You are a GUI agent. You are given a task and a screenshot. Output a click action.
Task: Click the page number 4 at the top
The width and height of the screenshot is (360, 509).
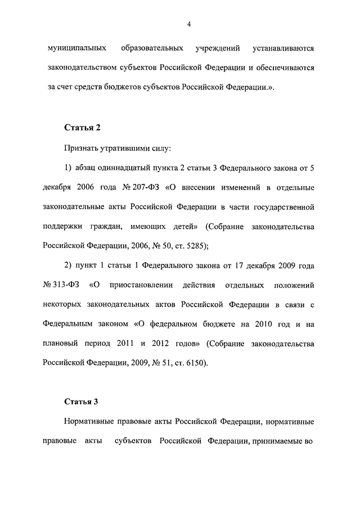coord(190,24)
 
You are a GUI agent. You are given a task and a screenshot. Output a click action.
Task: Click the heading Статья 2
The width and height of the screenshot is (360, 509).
coord(82,127)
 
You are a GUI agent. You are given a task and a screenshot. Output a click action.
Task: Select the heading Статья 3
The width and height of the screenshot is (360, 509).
coord(82,402)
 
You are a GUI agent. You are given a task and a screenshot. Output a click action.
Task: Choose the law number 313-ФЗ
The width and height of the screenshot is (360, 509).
coord(64,285)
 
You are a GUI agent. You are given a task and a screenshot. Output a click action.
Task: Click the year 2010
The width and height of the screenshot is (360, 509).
coord(249,324)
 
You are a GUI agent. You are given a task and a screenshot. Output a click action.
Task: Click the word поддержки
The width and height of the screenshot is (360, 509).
coord(64,226)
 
